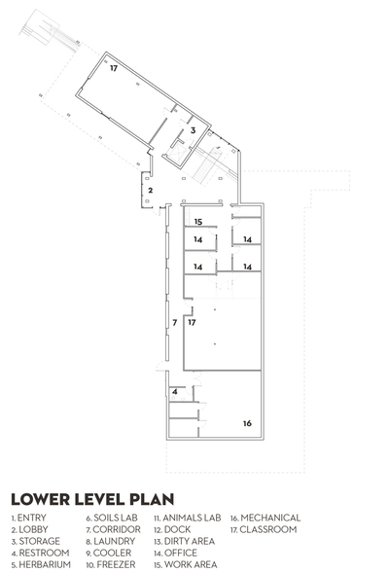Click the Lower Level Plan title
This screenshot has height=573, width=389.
click(x=92, y=499)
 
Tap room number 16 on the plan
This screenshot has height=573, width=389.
click(x=247, y=423)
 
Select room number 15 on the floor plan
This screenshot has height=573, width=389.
click(x=198, y=222)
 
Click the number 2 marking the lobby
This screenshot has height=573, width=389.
click(x=150, y=191)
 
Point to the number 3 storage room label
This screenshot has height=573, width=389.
click(x=194, y=130)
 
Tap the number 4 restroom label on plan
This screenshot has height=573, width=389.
click(x=175, y=392)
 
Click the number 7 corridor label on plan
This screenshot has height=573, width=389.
click(x=175, y=323)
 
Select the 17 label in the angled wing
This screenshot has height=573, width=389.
click(x=114, y=68)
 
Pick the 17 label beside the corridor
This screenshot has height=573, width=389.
click(x=192, y=322)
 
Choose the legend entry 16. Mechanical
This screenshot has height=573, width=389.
click(x=265, y=518)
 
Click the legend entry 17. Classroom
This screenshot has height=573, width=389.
click(x=263, y=529)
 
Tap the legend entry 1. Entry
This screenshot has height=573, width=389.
click(x=28, y=518)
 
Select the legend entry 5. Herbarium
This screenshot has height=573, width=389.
click(x=41, y=564)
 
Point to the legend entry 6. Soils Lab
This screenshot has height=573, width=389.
click(x=112, y=518)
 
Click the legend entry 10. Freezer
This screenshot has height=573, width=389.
click(x=111, y=564)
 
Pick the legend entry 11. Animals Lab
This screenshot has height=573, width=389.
click(x=188, y=518)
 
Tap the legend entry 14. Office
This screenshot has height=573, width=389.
click(x=175, y=553)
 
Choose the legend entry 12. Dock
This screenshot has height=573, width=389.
click(x=172, y=529)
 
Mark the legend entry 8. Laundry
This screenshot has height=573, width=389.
click(x=111, y=541)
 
